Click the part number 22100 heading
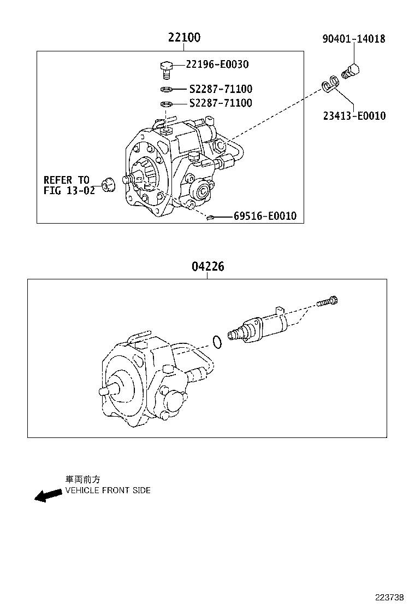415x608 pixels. [184, 38]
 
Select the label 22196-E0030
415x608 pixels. [217, 65]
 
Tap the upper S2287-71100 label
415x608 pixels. [221, 89]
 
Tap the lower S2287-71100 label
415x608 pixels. [221, 103]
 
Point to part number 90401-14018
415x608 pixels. [353, 39]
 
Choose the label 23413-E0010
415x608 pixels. [353, 116]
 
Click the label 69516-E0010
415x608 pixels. [265, 217]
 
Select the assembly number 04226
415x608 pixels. [207, 267]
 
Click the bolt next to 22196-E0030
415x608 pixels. [166, 69]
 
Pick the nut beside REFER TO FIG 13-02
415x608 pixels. [108, 185]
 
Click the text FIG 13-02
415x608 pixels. [69, 191]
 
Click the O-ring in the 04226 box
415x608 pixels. [217, 342]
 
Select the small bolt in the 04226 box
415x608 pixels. [327, 301]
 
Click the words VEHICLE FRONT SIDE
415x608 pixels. [108, 490]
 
